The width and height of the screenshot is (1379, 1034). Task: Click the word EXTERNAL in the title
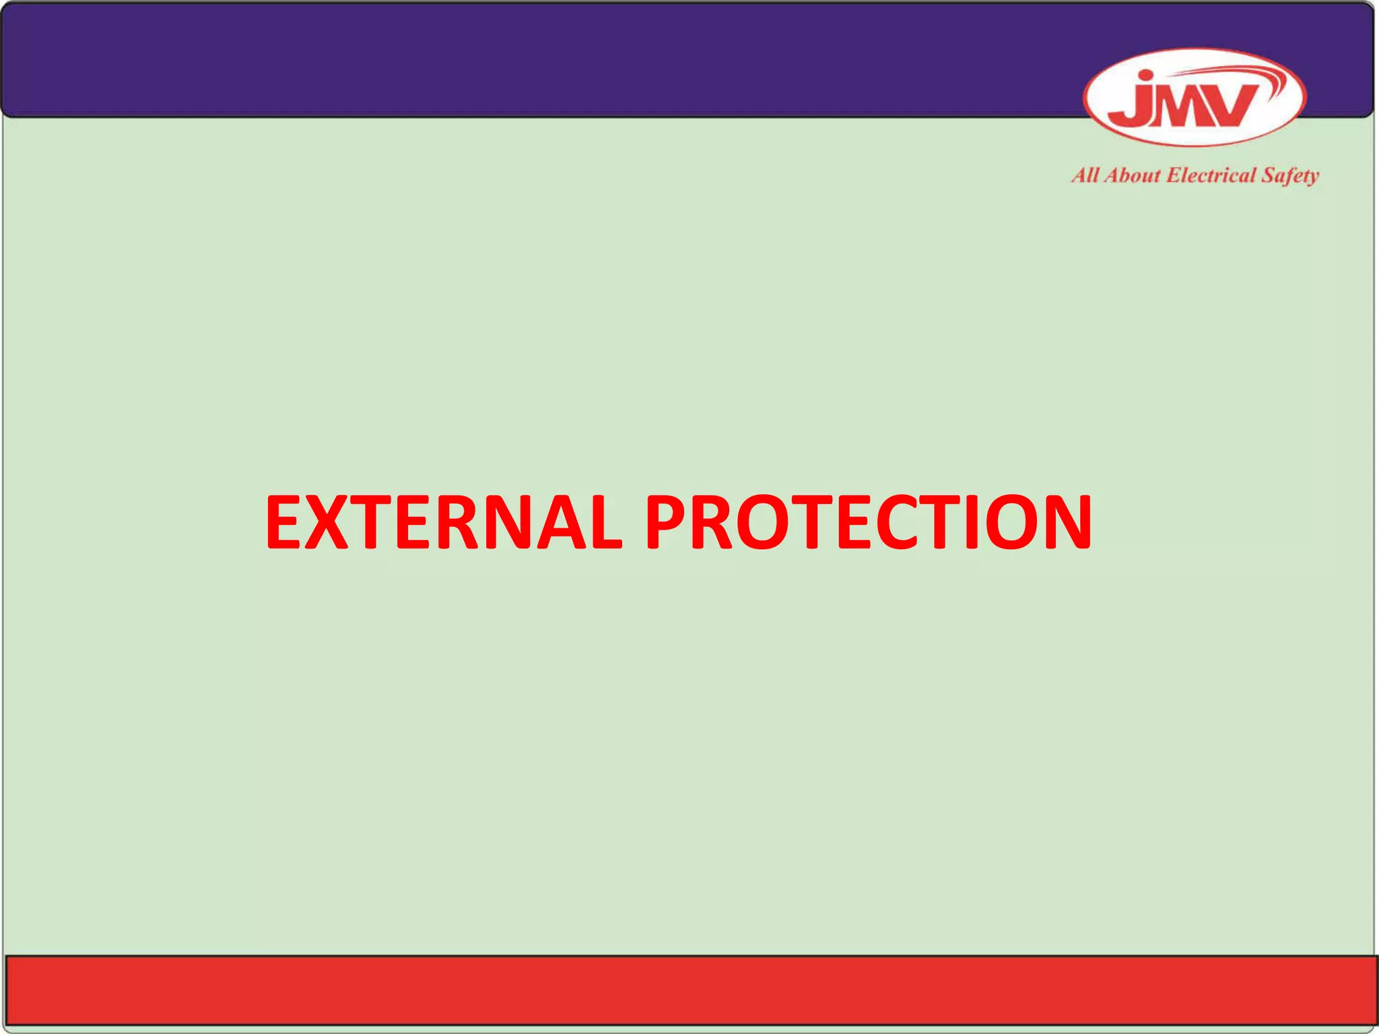tap(443, 523)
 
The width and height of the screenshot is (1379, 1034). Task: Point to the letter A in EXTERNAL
tap(551, 523)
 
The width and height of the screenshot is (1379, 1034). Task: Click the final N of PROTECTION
tap(1061, 523)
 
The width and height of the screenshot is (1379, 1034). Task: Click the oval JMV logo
tap(1195, 98)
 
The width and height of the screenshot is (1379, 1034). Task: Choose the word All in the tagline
tap(1085, 176)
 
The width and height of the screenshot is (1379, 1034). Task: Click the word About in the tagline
tap(1132, 176)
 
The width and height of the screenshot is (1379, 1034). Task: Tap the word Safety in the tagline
tap(1290, 176)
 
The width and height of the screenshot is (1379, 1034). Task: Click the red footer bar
tap(689, 990)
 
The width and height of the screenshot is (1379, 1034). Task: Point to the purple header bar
tap(539, 61)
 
